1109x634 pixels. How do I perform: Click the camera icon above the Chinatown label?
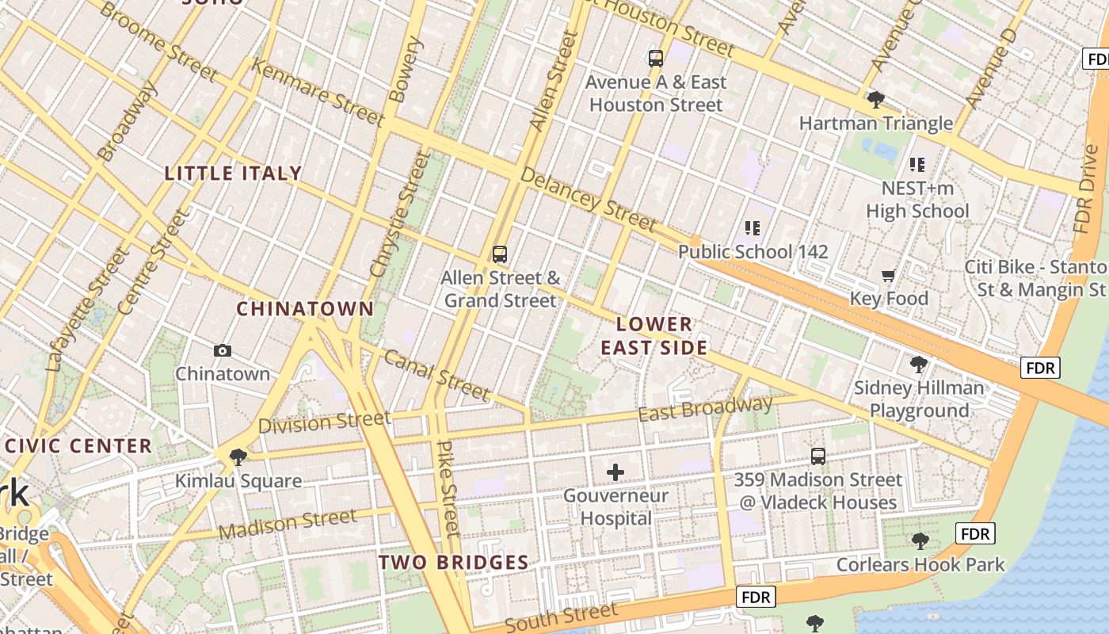[223, 350]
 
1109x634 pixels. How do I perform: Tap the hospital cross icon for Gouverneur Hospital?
[615, 473]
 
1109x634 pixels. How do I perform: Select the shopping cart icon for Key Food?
[888, 276]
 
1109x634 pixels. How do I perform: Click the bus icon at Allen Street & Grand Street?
[499, 254]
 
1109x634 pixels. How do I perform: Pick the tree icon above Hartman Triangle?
[875, 100]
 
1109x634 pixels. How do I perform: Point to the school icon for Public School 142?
[752, 228]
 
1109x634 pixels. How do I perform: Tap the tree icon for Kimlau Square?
[238, 457]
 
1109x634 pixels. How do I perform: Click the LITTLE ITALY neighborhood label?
[233, 173]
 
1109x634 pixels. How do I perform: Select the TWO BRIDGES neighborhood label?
[453, 563]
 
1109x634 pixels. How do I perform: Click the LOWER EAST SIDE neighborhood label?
[654, 336]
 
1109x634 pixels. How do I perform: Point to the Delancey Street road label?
[589, 198]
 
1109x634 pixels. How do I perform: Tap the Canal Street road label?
[436, 374]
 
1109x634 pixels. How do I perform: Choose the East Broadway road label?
[705, 410]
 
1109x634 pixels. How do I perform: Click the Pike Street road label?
[448, 488]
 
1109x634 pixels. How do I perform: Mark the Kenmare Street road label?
[317, 91]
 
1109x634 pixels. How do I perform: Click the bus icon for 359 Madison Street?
[818, 456]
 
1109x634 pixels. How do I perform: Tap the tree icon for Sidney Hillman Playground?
[919, 365]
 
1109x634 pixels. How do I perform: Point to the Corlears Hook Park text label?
[920, 565]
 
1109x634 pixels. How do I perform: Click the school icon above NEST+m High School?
[917, 165]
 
